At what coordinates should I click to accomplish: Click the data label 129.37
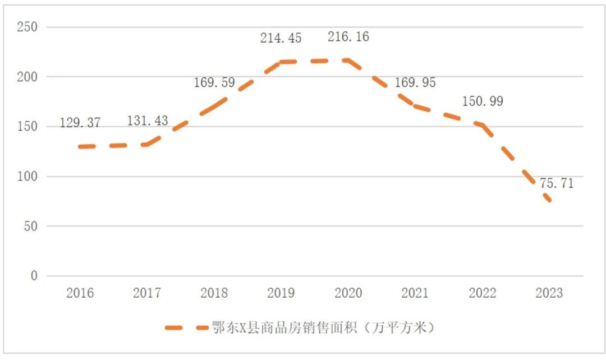point(80,123)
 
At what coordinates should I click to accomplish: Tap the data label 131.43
point(147,121)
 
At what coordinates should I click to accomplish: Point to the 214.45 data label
point(281,38)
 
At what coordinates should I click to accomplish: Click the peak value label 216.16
point(348,38)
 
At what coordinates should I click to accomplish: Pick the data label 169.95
point(415,82)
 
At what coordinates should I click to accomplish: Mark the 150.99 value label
point(483,101)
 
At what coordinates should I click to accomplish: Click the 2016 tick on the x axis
point(80,293)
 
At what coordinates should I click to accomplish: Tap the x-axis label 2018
point(214,293)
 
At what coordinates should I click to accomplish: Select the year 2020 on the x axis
point(348,293)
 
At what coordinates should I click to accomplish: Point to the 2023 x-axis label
point(549,293)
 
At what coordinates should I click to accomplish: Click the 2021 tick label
point(415,293)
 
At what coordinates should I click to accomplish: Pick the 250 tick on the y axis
point(27,27)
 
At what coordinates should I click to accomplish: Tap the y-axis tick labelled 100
point(27,177)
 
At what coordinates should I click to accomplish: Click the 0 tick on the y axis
point(34,276)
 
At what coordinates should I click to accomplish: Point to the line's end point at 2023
point(549,201)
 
